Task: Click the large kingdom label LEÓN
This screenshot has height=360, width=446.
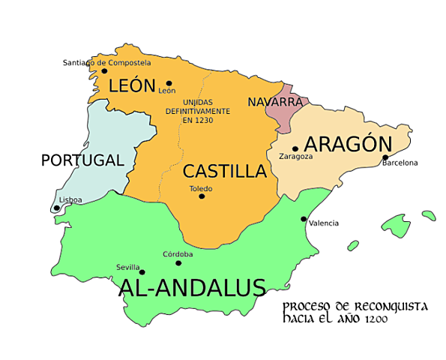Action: [x=132, y=85]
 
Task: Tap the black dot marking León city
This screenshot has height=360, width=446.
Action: [x=169, y=83]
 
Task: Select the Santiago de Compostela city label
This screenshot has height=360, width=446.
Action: [x=106, y=62]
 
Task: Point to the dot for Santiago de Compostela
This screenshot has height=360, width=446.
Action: [x=104, y=71]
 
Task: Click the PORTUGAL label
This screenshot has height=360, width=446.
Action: [x=82, y=160]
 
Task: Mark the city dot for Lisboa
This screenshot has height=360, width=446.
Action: [x=57, y=208]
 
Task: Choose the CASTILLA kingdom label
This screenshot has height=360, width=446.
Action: [x=225, y=171]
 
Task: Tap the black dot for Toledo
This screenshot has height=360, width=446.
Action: [x=202, y=196]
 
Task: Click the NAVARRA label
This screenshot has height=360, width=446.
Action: [x=274, y=101]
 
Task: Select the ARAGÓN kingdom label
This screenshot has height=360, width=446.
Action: [x=348, y=144]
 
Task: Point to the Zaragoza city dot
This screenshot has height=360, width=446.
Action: [x=295, y=148]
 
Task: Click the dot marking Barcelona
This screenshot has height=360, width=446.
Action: [x=385, y=157]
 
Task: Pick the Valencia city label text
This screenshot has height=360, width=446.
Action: [x=323, y=223]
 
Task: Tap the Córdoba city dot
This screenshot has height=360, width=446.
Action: [x=178, y=262]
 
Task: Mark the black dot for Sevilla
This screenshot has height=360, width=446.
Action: [x=142, y=272]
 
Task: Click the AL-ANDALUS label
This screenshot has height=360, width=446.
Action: [x=192, y=288]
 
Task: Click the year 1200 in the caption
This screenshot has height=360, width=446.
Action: [x=377, y=319]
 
